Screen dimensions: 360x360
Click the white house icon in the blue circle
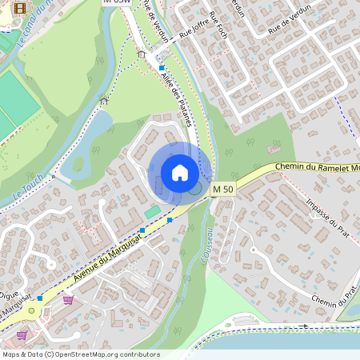pyautogui.click(x=180, y=173)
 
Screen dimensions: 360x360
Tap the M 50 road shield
pyautogui.click(x=223, y=189)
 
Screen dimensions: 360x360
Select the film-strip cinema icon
pyautogui.click(x=20, y=7)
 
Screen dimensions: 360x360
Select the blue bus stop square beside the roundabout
pyautogui.click(x=39, y=298)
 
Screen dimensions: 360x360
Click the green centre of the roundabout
pyautogui.click(x=32, y=310)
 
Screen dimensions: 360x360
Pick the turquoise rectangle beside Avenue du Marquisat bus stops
pyautogui.click(x=152, y=211)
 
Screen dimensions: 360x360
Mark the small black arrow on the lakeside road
pyautogui.click(x=303, y=326)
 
